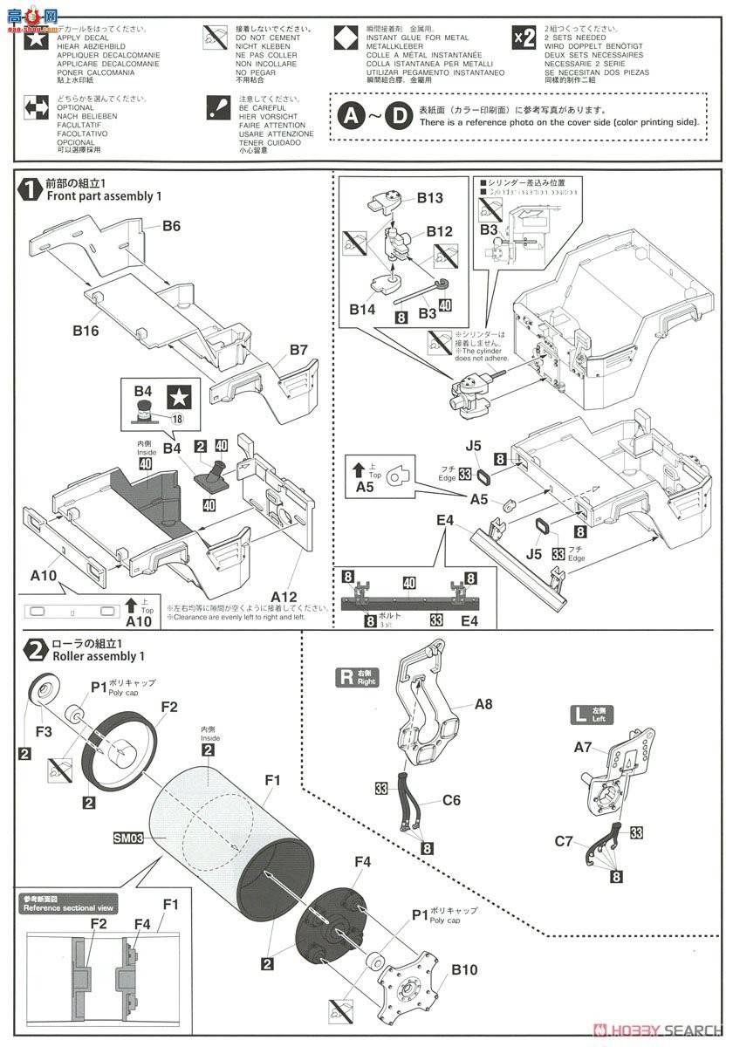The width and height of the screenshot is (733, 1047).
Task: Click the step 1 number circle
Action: click(31, 189)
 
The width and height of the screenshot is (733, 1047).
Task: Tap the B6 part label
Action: click(171, 226)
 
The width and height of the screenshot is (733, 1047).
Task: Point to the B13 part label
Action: click(429, 198)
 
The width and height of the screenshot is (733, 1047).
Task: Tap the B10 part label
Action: click(464, 970)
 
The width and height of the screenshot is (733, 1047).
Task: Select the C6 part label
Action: click(451, 800)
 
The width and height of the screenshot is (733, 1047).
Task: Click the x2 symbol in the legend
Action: click(524, 38)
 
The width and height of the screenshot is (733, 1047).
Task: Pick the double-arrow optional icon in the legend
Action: click(37, 109)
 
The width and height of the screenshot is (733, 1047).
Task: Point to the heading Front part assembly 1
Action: click(105, 197)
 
